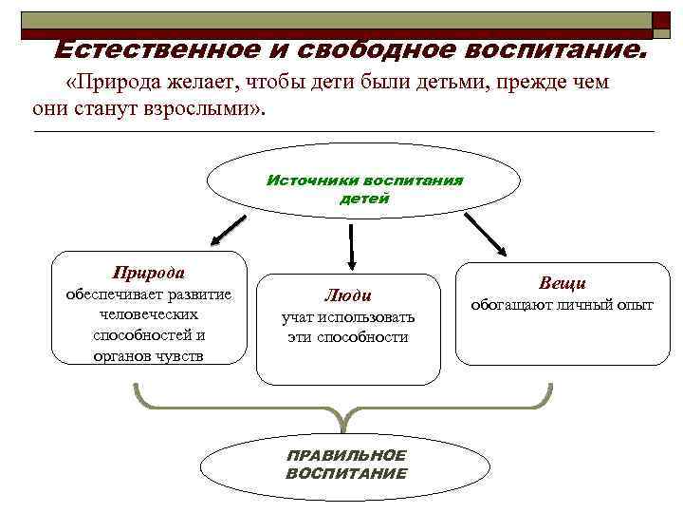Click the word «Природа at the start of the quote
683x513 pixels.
[103, 83]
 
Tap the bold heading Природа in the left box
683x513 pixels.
[149, 272]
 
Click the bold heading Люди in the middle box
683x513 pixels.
[348, 294]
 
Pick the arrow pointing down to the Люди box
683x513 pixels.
[352, 246]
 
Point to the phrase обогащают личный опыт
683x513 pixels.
[563, 305]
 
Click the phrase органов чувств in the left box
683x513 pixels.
[149, 356]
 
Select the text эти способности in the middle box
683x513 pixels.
[348, 337]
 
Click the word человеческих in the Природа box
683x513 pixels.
[149, 313]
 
